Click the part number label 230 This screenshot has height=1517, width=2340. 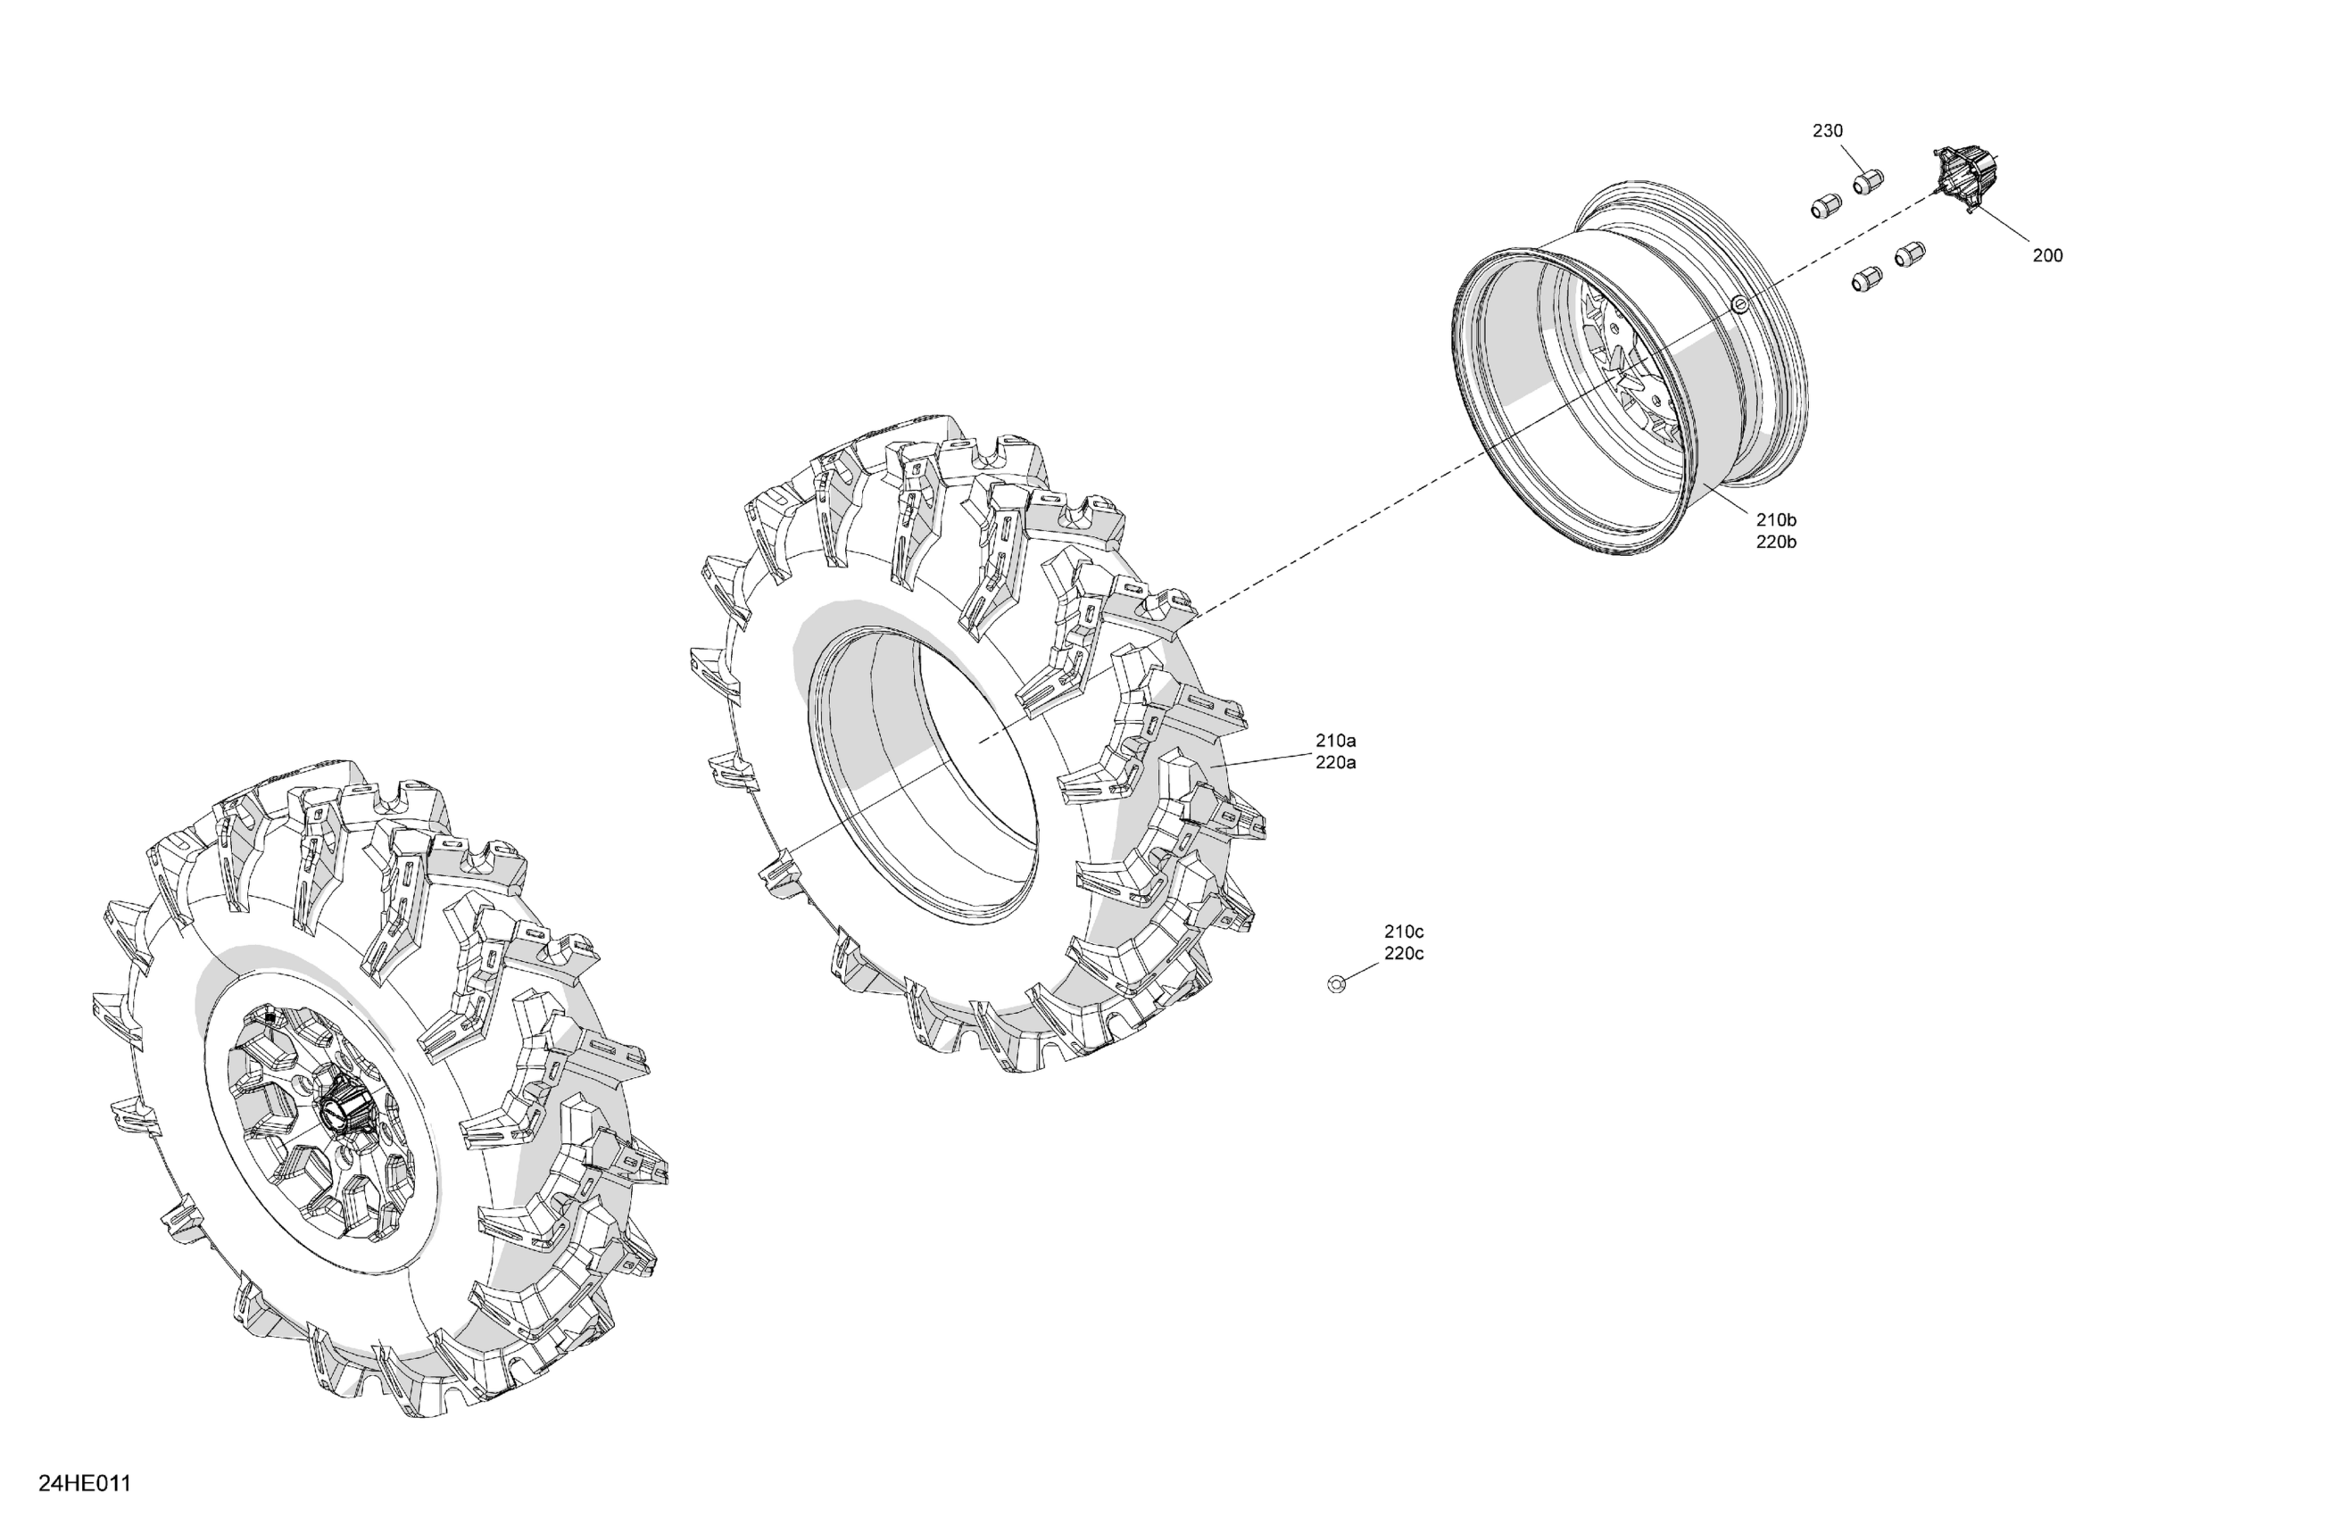(1828, 131)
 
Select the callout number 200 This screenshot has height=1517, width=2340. (2048, 255)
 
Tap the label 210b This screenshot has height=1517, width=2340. (1777, 520)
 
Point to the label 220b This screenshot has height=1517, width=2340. (1777, 543)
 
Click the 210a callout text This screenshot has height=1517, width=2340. (1336, 741)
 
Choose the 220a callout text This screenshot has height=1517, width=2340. (1336, 763)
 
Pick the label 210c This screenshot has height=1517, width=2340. (1404, 931)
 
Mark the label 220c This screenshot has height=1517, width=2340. (1404, 954)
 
